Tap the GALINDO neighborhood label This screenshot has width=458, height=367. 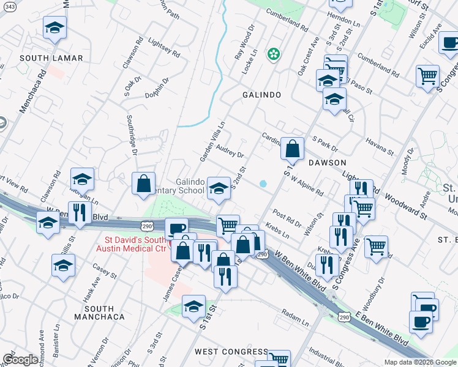[261, 95]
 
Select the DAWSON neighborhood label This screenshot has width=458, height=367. [327, 163]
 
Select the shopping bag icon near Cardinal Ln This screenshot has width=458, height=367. [293, 149]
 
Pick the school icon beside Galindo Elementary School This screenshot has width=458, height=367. [218, 188]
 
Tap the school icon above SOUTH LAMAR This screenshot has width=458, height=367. [54, 28]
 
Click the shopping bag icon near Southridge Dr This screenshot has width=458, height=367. [143, 183]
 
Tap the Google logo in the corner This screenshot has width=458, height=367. [20, 360]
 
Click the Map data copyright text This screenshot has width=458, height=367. [420, 362]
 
